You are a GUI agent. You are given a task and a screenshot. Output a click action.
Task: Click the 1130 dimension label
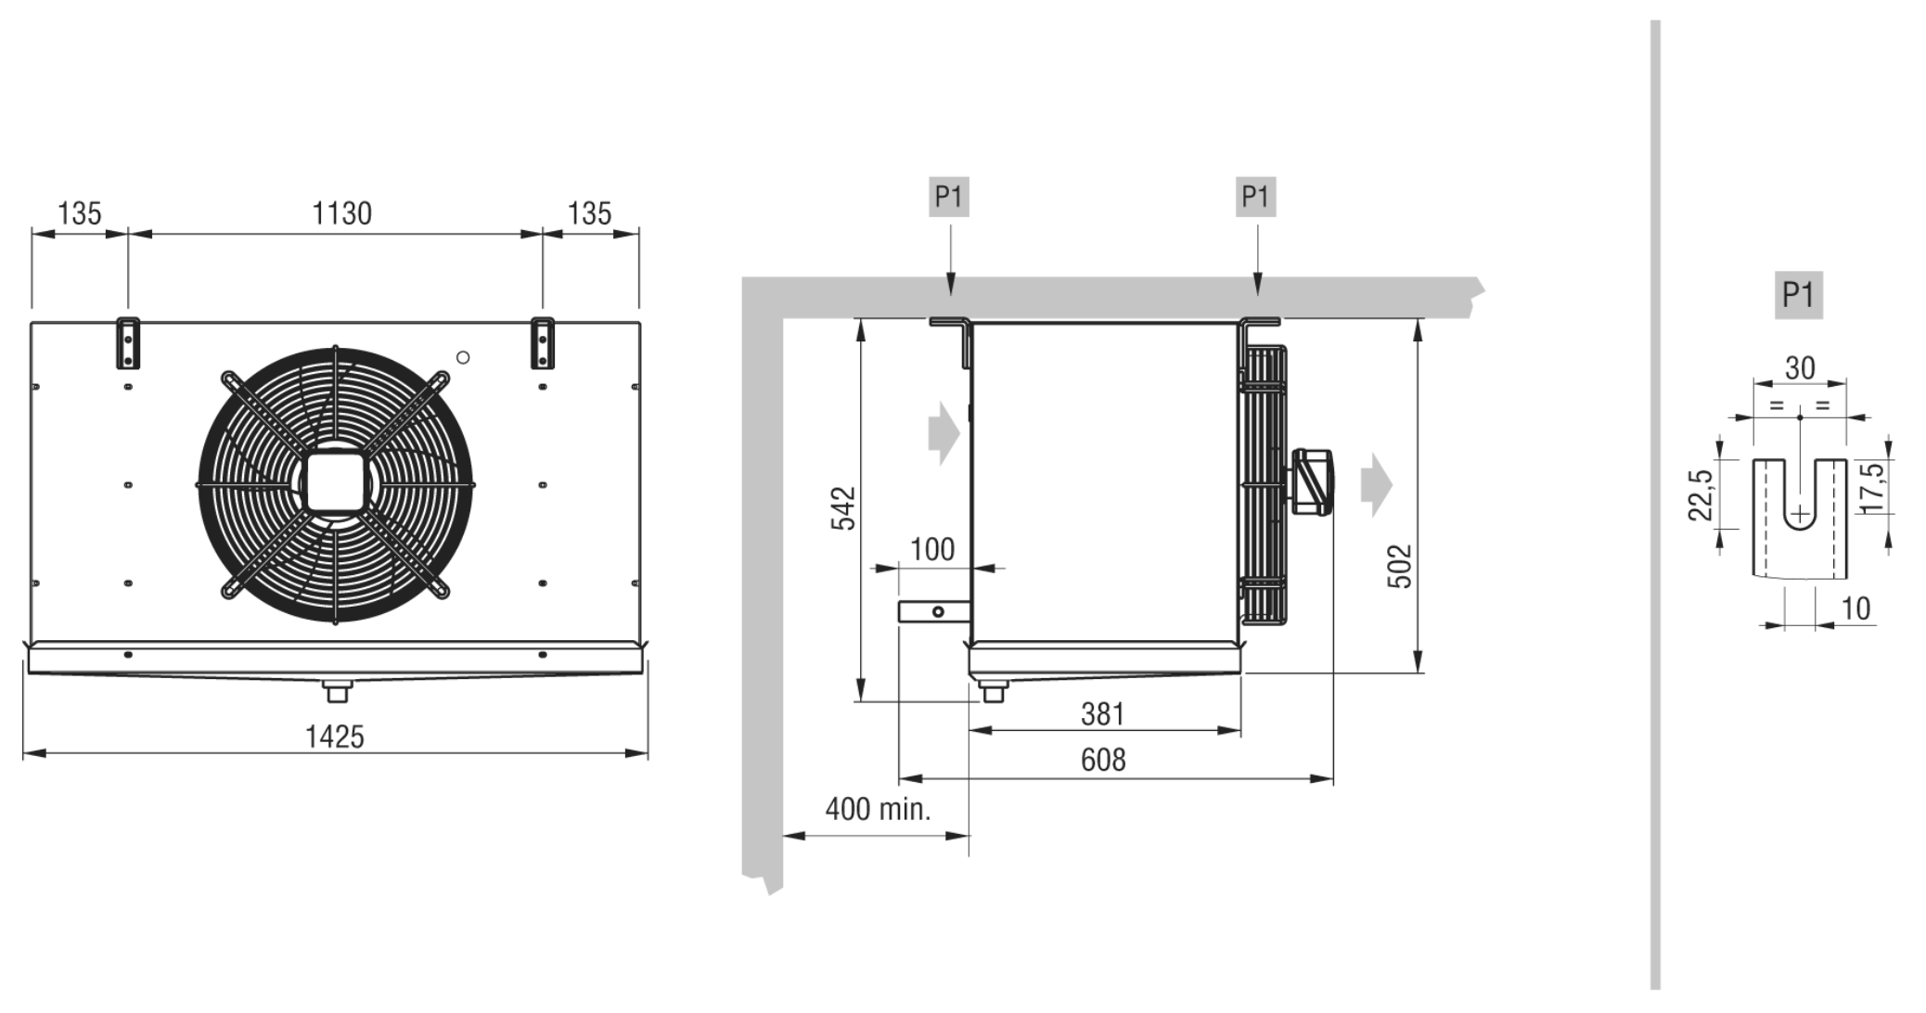(x=341, y=213)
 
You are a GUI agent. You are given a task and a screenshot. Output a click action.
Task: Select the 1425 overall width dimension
(x=335, y=737)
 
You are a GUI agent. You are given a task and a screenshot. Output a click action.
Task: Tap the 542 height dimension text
(x=842, y=508)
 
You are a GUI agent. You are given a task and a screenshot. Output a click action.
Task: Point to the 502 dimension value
(x=1399, y=566)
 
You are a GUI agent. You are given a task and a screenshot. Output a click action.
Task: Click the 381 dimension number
(x=1102, y=713)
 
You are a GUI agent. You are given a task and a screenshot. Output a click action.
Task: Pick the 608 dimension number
(x=1103, y=760)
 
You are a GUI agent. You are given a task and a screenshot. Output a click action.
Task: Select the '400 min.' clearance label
(x=878, y=809)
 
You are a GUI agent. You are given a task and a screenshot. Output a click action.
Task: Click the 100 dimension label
(x=932, y=549)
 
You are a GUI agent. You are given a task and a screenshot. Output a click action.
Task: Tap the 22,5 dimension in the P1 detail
(x=1700, y=495)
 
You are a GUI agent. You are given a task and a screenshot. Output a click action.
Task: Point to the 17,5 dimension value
(x=1873, y=487)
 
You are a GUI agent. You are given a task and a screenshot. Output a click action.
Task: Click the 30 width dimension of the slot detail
(x=1800, y=368)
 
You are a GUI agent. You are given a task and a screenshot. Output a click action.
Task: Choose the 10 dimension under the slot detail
(x=1855, y=609)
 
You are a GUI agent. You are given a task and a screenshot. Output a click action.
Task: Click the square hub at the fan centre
(x=335, y=483)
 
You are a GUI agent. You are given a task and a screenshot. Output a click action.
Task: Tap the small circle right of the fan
(x=463, y=357)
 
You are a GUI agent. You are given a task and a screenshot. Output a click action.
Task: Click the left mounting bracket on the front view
(x=128, y=342)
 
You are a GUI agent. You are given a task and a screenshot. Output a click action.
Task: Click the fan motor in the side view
(x=1312, y=481)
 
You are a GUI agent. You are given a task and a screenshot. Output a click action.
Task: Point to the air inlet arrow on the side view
(x=944, y=432)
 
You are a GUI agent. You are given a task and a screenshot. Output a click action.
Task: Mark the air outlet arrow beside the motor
(x=1377, y=484)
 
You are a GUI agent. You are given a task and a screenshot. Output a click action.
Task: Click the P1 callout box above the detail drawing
(x=1798, y=295)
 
